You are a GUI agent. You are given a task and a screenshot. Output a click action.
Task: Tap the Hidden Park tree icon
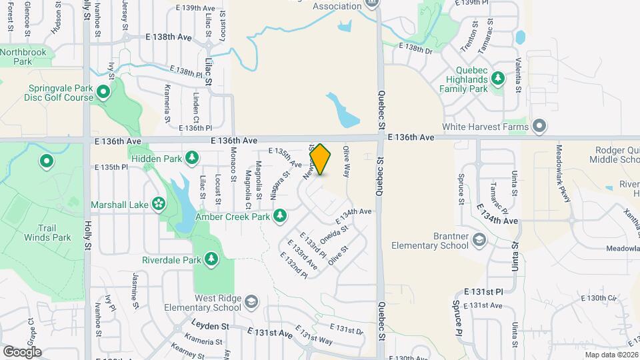[192, 157]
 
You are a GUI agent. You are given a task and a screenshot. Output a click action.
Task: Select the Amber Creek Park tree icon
[281, 215]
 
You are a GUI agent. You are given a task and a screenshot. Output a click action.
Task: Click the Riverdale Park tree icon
[211, 259]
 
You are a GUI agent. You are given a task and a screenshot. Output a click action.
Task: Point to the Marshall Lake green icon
[159, 203]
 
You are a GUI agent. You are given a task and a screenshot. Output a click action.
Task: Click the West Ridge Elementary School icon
[251, 302]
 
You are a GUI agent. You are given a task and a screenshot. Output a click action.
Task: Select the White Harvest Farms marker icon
[539, 127]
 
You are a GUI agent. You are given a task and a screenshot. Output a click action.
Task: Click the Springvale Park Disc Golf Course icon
[103, 91]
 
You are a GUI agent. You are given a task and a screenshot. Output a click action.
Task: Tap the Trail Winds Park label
[47, 232]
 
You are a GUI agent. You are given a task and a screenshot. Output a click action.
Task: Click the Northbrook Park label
[25, 57]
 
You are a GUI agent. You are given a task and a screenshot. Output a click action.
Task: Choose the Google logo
[22, 351]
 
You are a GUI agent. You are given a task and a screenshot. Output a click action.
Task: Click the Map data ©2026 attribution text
[611, 355]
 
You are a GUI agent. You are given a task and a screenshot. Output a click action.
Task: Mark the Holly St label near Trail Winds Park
[87, 237]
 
